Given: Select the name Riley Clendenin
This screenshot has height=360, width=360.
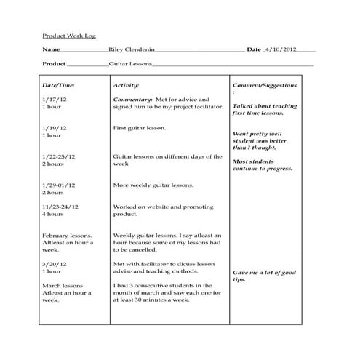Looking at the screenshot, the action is tap(130, 49).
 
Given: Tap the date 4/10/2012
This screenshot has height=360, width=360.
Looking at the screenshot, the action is tap(282, 49).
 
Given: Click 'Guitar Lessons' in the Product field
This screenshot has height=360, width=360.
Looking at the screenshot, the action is tap(130, 64).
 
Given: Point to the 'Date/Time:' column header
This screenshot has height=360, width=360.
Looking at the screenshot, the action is tap(58, 85).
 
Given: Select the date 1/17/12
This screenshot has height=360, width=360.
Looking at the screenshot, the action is tap(55, 99).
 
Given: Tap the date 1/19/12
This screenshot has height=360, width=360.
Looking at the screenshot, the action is tap(55, 128).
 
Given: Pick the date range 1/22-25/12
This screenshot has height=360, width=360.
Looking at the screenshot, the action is tap(59, 156).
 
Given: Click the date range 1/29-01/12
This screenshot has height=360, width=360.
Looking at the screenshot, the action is tap(59, 185).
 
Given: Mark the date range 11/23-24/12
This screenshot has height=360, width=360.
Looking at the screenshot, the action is tap(60, 207).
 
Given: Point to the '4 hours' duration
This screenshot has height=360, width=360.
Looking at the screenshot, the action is tap(53, 215).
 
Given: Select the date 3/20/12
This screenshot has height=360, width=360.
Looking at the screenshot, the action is tap(55, 264).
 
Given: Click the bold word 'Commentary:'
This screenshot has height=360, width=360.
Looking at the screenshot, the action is tap(132, 99).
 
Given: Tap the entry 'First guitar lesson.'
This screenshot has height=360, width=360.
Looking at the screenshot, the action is tap(140, 128).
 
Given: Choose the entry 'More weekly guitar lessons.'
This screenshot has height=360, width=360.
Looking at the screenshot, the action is tap(153, 185).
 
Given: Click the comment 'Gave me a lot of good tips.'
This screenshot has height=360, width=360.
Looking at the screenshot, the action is tap(264, 276).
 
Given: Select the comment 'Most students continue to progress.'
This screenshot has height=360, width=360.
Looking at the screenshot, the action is tap(262, 164).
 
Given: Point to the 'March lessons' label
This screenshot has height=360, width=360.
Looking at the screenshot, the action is tap(63, 285).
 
